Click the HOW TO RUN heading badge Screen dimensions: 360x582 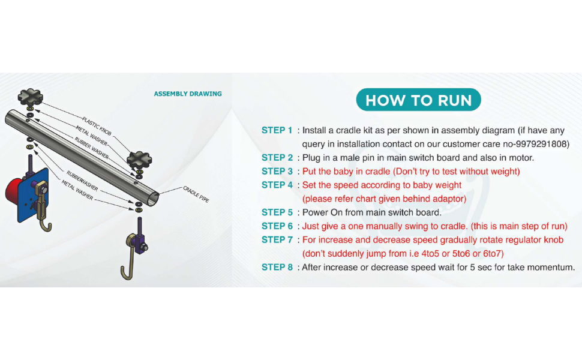[418, 100]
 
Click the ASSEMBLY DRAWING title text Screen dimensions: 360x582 [188, 94]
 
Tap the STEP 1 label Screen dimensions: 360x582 [277, 130]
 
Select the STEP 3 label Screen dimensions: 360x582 [277, 172]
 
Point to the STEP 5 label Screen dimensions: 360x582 [277, 212]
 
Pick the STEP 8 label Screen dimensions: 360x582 [277, 267]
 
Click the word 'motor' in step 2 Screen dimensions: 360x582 [520, 158]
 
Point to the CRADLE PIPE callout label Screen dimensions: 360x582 [196, 194]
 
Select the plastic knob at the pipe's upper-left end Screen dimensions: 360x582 [29, 96]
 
